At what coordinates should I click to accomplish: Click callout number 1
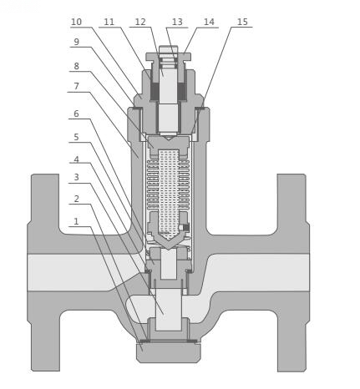click(x=76, y=221)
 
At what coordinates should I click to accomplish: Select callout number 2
click(x=76, y=199)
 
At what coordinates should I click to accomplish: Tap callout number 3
click(x=76, y=178)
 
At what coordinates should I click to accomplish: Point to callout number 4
click(x=76, y=159)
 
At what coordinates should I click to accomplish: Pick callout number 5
click(x=76, y=137)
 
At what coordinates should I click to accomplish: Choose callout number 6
click(x=76, y=114)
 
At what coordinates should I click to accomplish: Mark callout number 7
click(x=76, y=86)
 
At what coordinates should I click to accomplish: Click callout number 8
click(x=76, y=65)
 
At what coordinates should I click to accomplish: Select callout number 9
click(x=76, y=42)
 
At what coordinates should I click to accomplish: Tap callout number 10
click(x=76, y=22)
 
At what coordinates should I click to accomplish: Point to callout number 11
click(x=109, y=22)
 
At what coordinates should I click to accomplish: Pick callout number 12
click(x=140, y=22)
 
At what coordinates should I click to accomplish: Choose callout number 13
click(x=177, y=22)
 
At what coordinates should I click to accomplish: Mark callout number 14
click(x=209, y=22)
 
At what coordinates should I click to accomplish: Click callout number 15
click(x=242, y=22)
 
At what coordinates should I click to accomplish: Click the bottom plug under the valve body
click(x=168, y=351)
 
